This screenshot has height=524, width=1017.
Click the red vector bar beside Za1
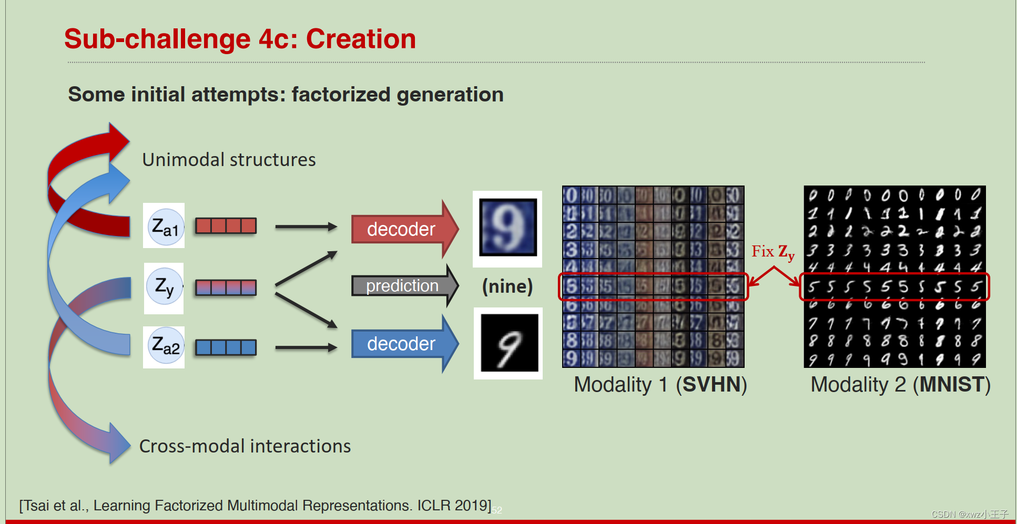point(226,226)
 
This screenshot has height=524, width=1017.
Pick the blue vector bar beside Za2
point(226,347)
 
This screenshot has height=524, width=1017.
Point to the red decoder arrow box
point(401,229)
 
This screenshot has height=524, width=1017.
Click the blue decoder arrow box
point(401,344)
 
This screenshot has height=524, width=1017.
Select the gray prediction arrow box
point(402,285)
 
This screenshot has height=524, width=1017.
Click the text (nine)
point(507,286)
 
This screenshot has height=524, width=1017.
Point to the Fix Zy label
point(772,252)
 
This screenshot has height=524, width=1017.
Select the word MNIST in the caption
point(952,385)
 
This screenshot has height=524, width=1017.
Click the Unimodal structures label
point(229,160)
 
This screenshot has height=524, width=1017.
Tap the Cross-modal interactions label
point(245,446)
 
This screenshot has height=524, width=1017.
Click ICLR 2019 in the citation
point(453,506)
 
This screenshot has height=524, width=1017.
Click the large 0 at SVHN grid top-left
point(571,196)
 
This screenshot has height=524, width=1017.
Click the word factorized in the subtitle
point(341,95)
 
